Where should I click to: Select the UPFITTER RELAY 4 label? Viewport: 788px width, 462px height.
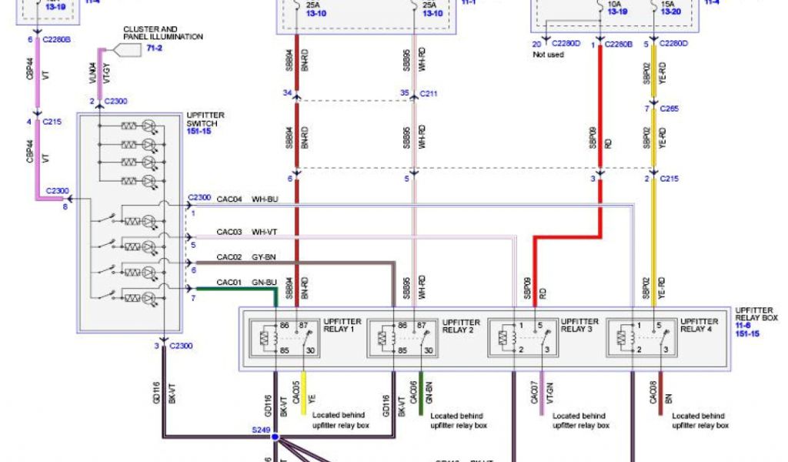point(700,325)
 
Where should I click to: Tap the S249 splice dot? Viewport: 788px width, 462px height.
point(275,437)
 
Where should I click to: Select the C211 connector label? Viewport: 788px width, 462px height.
point(429,94)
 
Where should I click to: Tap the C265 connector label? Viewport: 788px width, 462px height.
point(669,109)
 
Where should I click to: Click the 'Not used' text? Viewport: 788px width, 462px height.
point(549,55)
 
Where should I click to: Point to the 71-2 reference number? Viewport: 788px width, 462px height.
point(155,48)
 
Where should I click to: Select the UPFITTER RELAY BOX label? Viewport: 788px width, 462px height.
point(757,313)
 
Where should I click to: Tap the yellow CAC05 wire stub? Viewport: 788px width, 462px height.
point(303,393)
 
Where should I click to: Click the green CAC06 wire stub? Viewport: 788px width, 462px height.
point(422,393)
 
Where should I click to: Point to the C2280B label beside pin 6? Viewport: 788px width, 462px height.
point(58,39)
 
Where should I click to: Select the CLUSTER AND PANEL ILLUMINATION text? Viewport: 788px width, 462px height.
point(162,32)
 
